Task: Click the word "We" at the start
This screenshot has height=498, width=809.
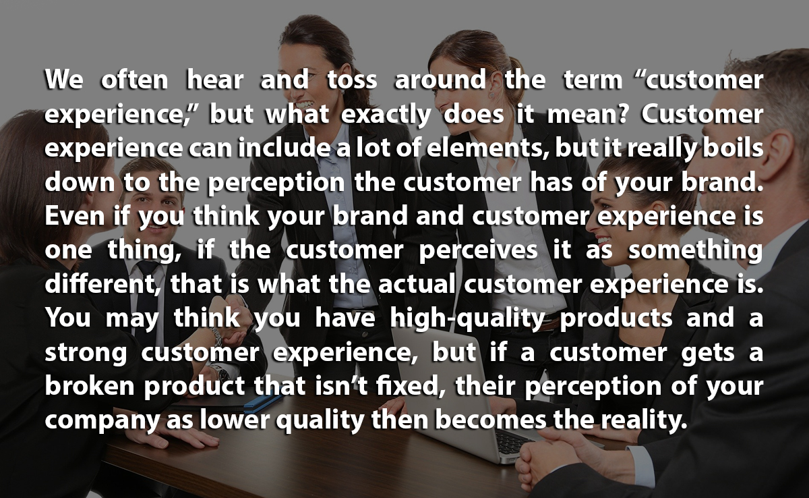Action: (64, 79)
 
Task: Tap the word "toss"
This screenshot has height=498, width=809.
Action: (352, 80)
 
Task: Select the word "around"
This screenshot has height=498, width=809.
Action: (440, 79)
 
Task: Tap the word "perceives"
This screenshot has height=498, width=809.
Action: (478, 251)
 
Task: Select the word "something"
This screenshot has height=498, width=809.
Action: (696, 251)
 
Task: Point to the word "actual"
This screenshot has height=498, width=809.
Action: (417, 283)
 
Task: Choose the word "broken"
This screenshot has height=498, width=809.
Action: (90, 385)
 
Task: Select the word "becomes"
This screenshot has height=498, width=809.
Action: (491, 420)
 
